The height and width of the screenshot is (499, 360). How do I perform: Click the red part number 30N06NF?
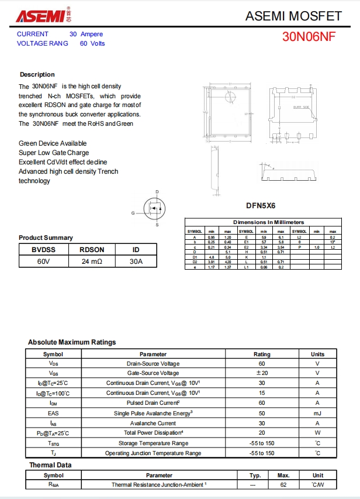(309, 36)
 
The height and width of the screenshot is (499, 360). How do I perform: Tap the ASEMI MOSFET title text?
(293, 16)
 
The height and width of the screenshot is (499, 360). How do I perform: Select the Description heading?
(37, 74)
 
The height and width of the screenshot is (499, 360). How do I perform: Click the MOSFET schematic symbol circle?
(155, 208)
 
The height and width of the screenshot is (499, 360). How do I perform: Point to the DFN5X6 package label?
(261, 206)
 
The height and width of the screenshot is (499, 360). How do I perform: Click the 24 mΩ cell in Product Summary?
(92, 261)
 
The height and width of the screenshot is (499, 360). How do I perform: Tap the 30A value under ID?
(136, 261)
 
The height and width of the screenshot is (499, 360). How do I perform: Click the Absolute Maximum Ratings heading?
(72, 342)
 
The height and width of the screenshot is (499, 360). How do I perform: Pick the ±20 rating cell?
(262, 373)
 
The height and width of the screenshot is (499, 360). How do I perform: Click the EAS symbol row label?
(53, 413)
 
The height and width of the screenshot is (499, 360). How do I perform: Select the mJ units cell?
(317, 413)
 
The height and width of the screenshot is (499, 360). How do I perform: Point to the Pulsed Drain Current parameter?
(153, 403)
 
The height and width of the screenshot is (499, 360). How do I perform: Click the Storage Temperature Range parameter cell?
(153, 443)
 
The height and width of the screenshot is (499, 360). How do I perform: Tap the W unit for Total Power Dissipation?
(317, 433)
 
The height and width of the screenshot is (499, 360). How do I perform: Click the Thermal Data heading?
(50, 465)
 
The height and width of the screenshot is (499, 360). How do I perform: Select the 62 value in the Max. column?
(284, 485)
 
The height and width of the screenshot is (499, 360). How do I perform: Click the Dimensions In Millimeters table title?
(268, 222)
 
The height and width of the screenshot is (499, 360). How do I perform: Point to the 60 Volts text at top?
(92, 43)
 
